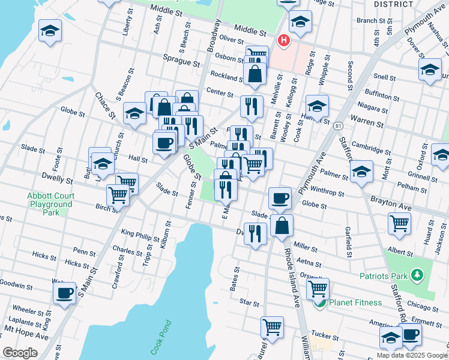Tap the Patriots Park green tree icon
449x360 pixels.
click(417, 275)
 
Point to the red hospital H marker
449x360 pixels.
click(282, 41)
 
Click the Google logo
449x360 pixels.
click(20, 353)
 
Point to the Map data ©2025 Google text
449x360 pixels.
click(411, 355)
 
